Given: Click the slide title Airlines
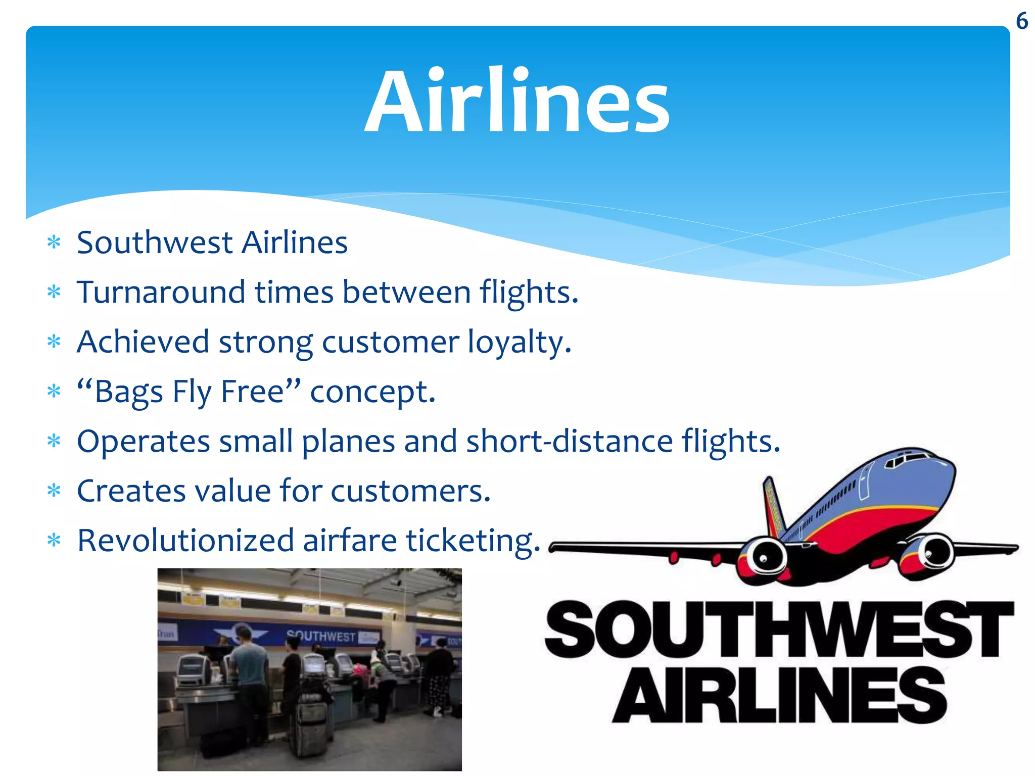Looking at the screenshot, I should point(517,101).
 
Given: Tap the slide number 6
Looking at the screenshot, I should point(1021,21).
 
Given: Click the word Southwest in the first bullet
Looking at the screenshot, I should point(155,243).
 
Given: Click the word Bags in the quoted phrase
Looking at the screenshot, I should point(128,392).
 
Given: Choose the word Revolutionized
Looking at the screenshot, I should point(185,541).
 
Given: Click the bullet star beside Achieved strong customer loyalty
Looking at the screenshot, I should point(54,343).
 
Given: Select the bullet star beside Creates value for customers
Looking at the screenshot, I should point(54,491).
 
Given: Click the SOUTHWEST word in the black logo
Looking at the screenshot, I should point(778,629).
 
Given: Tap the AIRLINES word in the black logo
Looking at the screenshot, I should point(778,695).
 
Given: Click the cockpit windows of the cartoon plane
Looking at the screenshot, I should point(910,459).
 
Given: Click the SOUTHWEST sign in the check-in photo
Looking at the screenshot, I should point(321,636).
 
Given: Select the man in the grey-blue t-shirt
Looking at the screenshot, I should point(248,667).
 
